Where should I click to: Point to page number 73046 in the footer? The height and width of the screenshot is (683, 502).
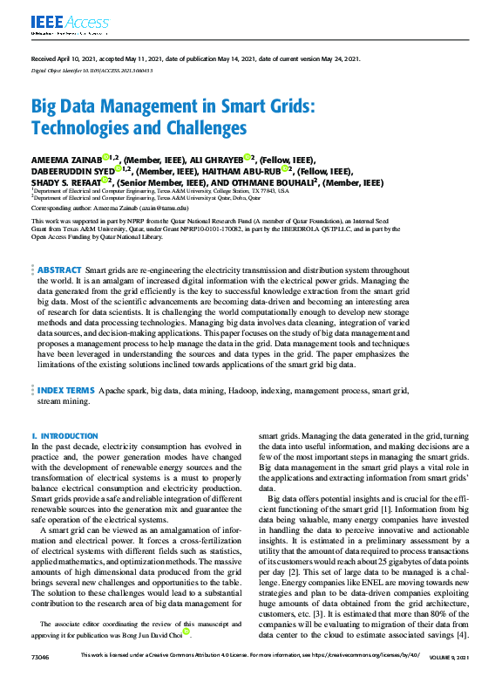point(39,678)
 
